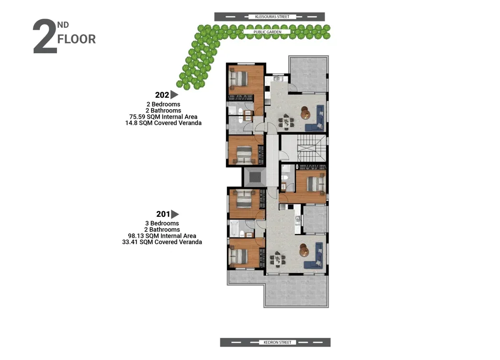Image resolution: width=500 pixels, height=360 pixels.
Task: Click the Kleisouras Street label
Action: tap(272, 17)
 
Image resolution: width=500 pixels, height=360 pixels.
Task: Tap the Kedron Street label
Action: tap(277, 342)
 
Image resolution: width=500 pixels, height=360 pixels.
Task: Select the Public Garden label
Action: tap(267, 32)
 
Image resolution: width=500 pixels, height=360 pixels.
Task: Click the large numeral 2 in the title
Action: tap(45, 36)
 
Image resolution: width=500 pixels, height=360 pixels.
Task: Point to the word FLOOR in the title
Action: tap(77, 39)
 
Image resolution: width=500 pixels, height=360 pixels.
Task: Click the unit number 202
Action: tap(162, 95)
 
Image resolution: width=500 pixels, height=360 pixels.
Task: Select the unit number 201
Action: tap(163, 214)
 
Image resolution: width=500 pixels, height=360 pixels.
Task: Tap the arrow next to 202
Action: tap(174, 95)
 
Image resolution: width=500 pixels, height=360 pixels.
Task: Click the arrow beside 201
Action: tap(175, 214)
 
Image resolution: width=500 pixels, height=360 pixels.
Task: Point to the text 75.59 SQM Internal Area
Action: tap(163, 117)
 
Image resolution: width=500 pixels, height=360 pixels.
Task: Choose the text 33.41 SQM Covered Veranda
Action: tap(162, 242)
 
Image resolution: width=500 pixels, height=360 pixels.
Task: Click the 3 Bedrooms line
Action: tap(162, 223)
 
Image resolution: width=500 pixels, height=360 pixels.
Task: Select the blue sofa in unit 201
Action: tap(315, 256)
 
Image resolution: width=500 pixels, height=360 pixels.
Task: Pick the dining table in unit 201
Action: tap(277, 259)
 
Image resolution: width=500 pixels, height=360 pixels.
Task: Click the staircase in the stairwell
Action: tap(312, 148)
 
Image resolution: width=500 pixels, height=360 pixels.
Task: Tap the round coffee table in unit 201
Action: tap(304, 251)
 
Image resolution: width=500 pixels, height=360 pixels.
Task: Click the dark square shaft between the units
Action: tap(254, 177)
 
